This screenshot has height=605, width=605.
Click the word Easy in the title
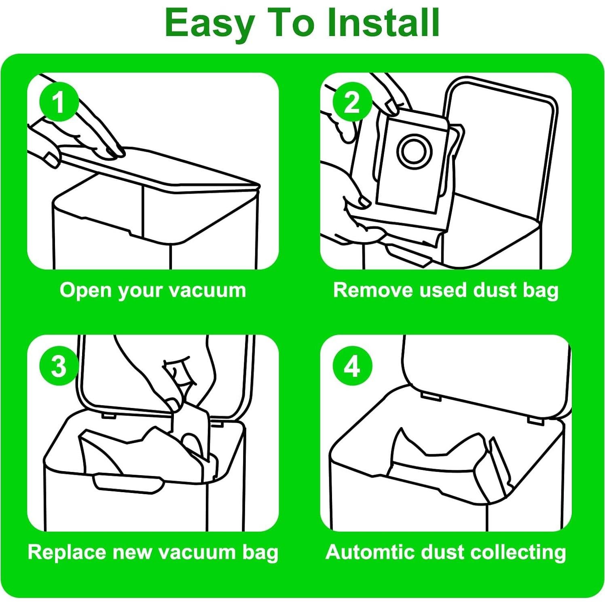209,23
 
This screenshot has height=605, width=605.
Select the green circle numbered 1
59,102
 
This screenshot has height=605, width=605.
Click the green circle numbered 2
352,102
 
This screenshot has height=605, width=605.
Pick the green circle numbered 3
59,366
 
